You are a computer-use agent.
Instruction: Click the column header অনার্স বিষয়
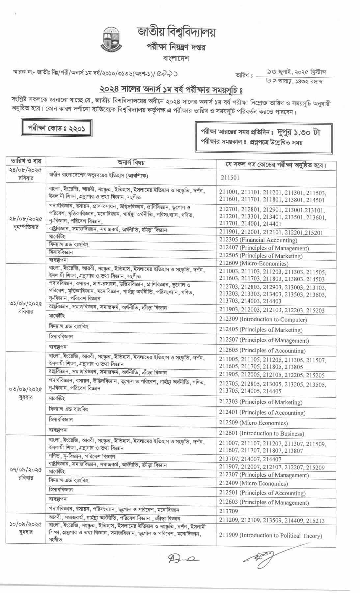(131, 162)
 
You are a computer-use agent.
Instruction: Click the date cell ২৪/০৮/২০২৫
(26, 174)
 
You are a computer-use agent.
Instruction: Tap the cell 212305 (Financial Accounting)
(258, 240)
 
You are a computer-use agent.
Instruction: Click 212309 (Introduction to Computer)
(263, 319)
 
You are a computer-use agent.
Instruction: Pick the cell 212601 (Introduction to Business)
(262, 434)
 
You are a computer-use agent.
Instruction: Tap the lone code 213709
(229, 511)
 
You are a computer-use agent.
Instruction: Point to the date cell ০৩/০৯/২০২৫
(26, 389)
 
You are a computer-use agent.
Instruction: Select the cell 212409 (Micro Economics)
(253, 484)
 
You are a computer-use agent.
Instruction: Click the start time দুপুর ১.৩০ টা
(298, 132)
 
